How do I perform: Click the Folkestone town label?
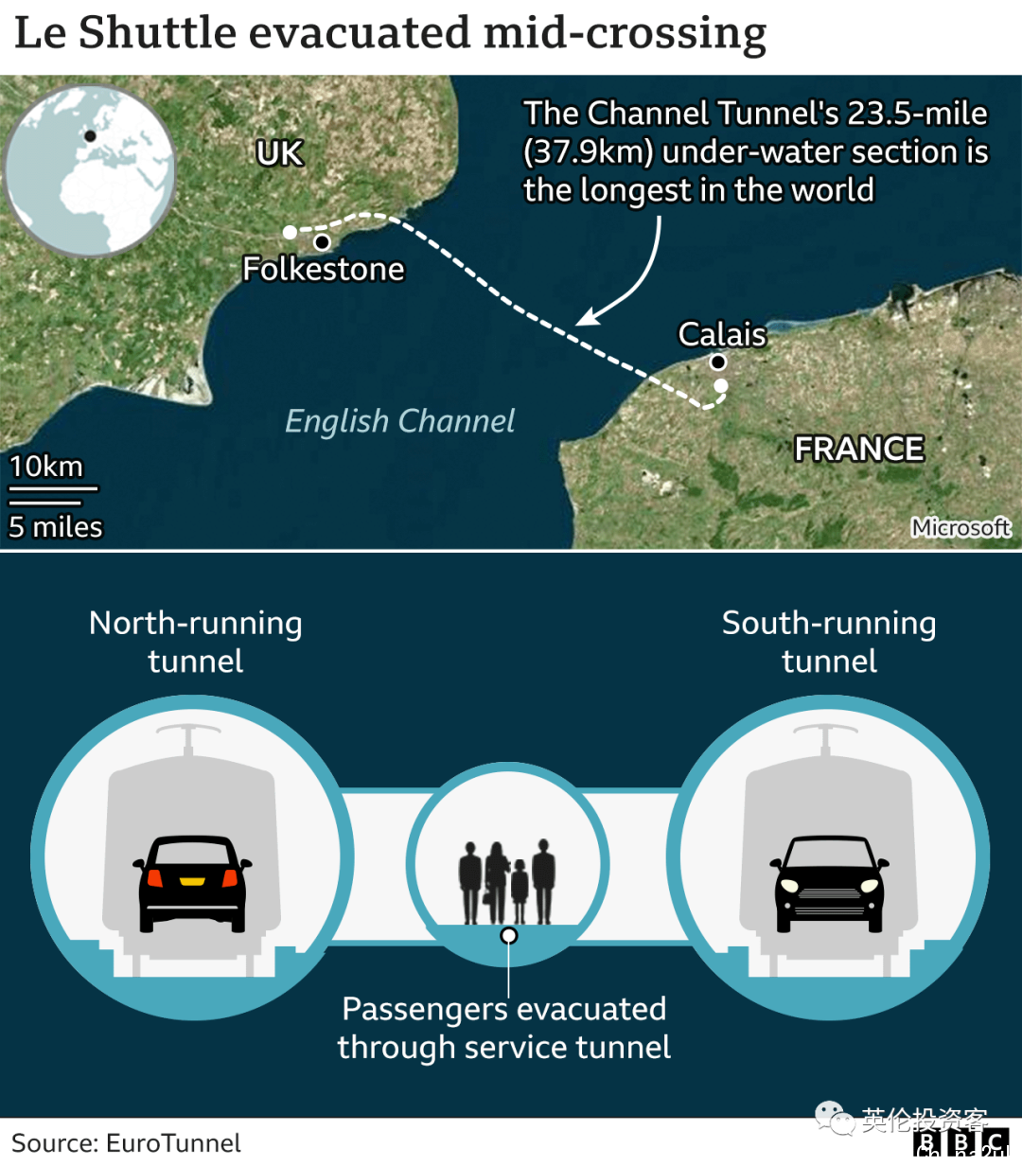[324, 269]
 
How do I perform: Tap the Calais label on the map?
[722, 334]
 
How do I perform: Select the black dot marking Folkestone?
[323, 242]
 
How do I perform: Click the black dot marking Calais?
[717, 362]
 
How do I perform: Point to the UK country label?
[280, 153]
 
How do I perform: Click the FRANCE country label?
[859, 449]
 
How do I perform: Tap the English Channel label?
[400, 421]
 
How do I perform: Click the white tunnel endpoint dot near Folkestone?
[290, 232]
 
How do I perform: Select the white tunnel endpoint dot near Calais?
[720, 385]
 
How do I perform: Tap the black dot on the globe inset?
[90, 136]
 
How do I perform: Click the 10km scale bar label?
[46, 467]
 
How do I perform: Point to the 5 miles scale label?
[55, 526]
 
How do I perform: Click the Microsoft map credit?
[961, 527]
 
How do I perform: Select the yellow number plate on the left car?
[192, 881]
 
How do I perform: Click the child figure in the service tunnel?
[520, 891]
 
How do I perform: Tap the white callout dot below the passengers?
[509, 936]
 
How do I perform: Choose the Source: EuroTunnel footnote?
[126, 1143]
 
